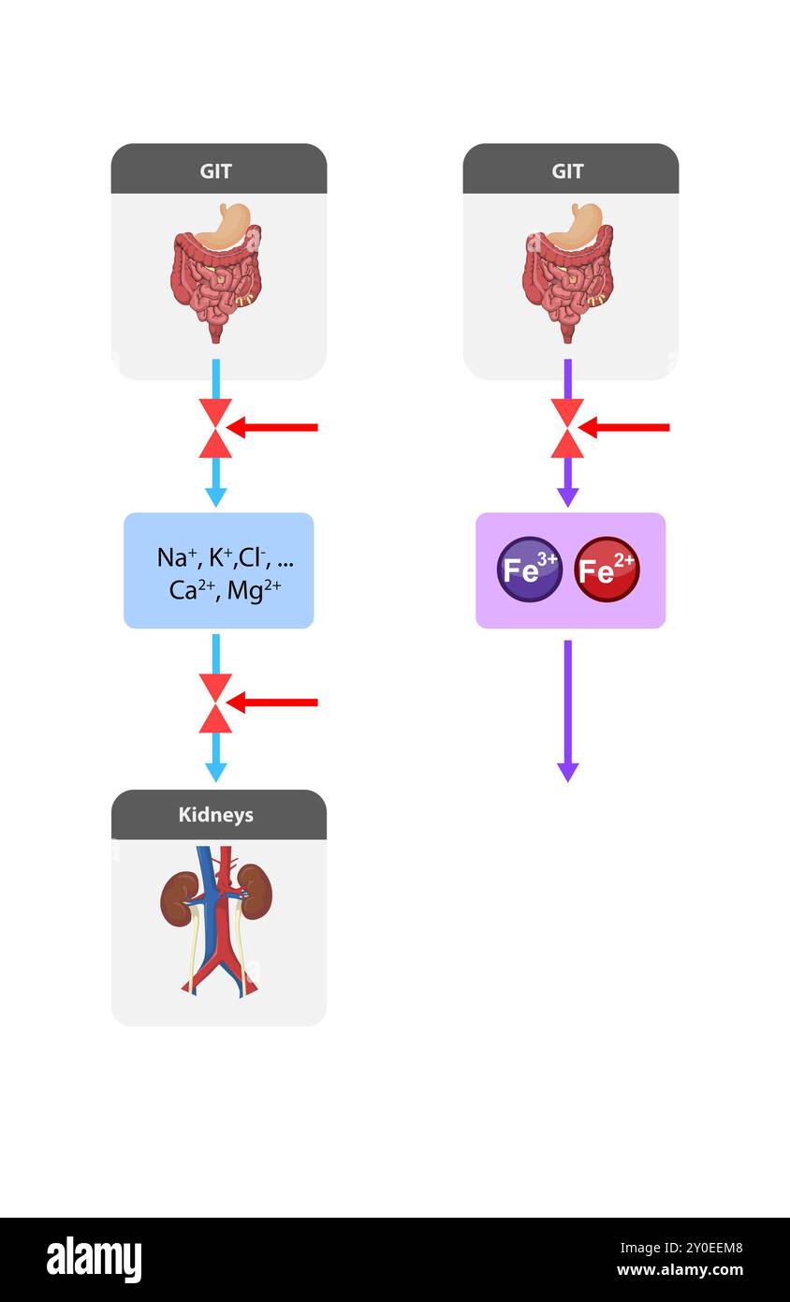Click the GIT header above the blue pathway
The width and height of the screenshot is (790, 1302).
[x=215, y=170]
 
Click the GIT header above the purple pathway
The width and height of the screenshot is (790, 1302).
[x=567, y=170]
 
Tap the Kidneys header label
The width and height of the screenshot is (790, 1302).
[x=215, y=814]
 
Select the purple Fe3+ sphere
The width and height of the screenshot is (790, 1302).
[x=529, y=570]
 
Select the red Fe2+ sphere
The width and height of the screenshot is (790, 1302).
[x=607, y=570]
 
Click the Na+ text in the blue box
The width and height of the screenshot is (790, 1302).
[x=176, y=557]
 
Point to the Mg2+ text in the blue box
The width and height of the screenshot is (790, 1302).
[x=254, y=591]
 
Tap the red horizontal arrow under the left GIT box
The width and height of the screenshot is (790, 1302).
[x=273, y=428]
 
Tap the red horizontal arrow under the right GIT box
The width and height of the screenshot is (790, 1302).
[x=625, y=428]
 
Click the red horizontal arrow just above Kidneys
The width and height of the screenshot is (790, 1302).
[x=273, y=703]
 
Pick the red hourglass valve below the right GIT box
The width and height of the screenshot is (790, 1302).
[x=567, y=428]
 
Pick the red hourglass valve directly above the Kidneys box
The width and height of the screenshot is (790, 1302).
[x=215, y=703]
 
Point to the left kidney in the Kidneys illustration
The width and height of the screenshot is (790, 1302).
[x=178, y=897]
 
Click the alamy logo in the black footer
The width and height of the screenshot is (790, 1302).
[x=95, y=1260]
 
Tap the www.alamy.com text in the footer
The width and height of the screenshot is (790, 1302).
[x=680, y=1270]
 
